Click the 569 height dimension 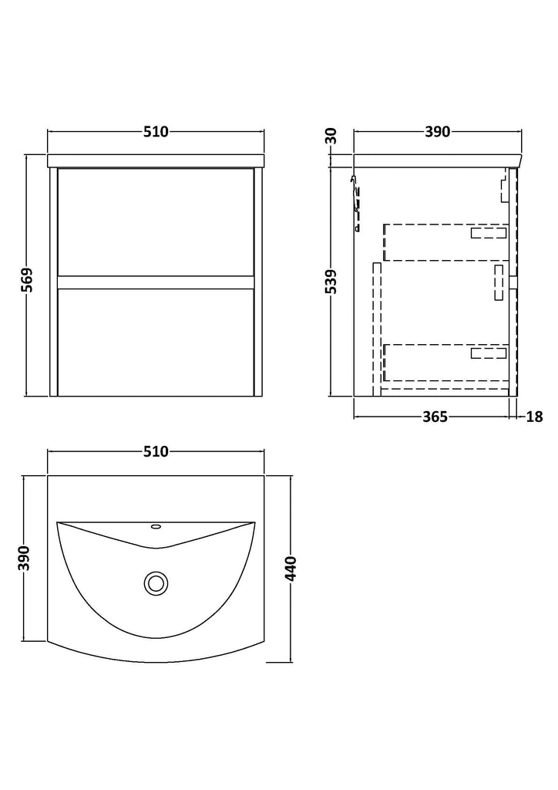coord(29,280)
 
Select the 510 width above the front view coord(156,132)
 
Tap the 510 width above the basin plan coord(156,452)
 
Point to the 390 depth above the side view coord(437,132)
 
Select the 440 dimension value coord(291,568)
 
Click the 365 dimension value coord(434,417)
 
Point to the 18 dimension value coord(535,417)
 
